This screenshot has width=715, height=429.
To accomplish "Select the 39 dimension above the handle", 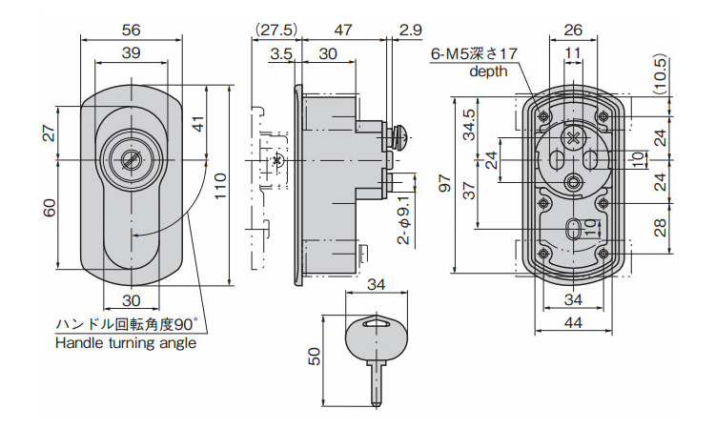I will coord(133,52).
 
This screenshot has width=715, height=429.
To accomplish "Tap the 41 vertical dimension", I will coord(197,122).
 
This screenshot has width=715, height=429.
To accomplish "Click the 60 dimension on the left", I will coord(50,207).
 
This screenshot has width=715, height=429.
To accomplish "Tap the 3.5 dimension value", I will coord(281,54).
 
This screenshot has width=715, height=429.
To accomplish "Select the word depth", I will coord(488,71).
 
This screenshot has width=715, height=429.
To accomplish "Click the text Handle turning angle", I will coord(126,343).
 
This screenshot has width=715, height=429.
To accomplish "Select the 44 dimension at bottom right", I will coord(572,323).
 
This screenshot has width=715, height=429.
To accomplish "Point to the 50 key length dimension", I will coord(316,356).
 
